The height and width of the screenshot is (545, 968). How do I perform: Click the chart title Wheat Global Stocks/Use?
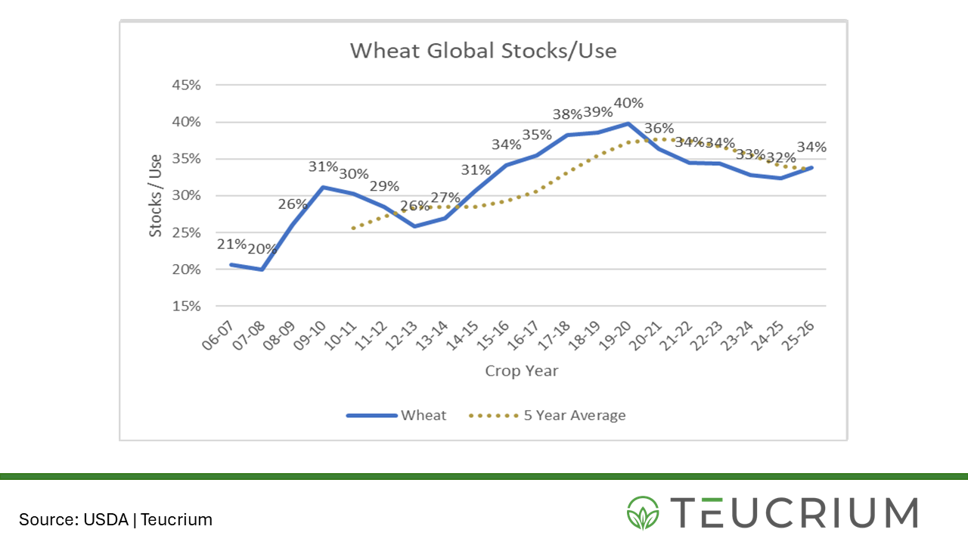pos(483,51)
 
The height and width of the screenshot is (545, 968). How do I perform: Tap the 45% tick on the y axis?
pos(185,85)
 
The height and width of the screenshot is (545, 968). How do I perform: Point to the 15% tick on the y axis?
pos(185,307)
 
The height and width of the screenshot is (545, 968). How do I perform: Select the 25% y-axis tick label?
pos(185,232)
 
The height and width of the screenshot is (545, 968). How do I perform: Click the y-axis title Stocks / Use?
pos(155,196)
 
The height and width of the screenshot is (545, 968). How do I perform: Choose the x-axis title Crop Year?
pos(521,371)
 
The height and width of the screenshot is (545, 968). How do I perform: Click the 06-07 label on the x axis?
pos(218,335)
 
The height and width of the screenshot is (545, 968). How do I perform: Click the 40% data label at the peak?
pos(628,103)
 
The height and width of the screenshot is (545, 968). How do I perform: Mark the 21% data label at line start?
pos(231,244)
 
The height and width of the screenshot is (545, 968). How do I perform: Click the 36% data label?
pos(659,128)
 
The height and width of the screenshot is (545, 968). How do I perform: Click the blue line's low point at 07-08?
pos(262,269)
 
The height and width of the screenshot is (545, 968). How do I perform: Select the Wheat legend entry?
pos(397,415)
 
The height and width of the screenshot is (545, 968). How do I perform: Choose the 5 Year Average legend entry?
pos(548,415)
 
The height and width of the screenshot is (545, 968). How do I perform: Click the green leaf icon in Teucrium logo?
pos(643,512)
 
